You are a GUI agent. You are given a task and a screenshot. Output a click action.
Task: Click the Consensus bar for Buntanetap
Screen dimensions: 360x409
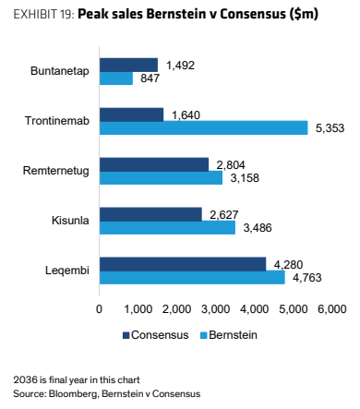(128, 65)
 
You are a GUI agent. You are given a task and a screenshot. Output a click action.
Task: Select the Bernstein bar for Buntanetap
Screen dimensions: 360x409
(116, 78)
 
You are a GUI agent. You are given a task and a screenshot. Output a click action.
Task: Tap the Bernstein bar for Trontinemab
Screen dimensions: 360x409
(204, 127)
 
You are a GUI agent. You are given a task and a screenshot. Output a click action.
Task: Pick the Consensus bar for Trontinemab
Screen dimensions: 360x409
(132, 114)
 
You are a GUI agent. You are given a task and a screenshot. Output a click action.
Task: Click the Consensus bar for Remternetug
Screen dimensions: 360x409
(154, 164)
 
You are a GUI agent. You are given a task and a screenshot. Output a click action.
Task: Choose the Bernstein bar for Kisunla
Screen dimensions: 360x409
(167, 227)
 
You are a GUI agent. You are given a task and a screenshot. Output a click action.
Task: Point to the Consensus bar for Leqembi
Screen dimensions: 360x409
(183, 264)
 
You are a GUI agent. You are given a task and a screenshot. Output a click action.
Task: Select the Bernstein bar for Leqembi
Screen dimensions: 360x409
(192, 277)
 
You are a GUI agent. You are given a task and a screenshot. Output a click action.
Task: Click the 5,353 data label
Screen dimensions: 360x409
(330, 128)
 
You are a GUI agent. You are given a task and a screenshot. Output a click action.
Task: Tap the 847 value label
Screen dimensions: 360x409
(150, 78)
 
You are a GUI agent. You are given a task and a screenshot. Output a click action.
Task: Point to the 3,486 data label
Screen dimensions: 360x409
(258, 228)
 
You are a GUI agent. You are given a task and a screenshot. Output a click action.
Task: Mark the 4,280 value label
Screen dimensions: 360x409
(288, 264)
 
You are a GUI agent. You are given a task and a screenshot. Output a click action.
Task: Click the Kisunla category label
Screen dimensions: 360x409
(70, 221)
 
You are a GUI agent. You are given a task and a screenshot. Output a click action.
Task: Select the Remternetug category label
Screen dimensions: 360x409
(56, 171)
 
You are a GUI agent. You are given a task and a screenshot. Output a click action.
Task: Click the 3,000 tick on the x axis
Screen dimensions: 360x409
(215, 308)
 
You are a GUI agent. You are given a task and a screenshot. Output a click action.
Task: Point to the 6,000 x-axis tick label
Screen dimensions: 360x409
(332, 308)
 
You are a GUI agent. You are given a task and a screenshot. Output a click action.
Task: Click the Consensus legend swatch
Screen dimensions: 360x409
(126, 335)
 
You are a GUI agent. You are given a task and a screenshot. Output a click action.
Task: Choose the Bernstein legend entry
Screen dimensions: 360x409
(229, 335)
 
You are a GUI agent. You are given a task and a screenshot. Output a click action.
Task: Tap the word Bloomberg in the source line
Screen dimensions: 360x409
(74, 394)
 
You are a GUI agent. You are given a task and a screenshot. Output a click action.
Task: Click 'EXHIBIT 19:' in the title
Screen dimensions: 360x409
(44, 14)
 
